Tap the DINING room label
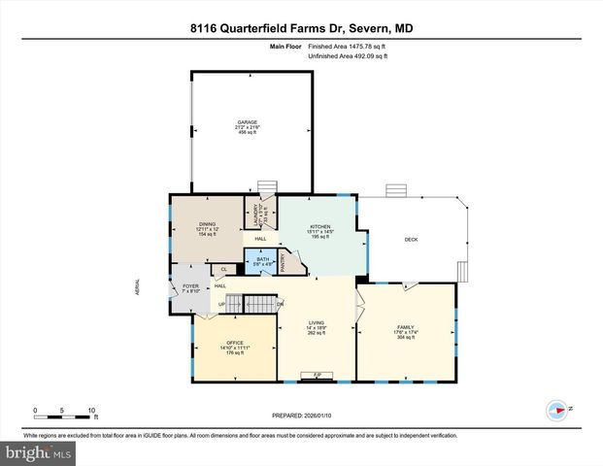tap(207, 224)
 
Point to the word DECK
tap(412, 239)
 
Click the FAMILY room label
tap(405, 327)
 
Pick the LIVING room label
tap(316, 323)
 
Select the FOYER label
tap(191, 285)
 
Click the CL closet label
tap(224, 270)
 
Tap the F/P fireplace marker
tap(317, 375)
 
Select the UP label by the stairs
tap(221, 304)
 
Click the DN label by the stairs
tap(280, 304)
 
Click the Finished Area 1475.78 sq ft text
tap(348, 47)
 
